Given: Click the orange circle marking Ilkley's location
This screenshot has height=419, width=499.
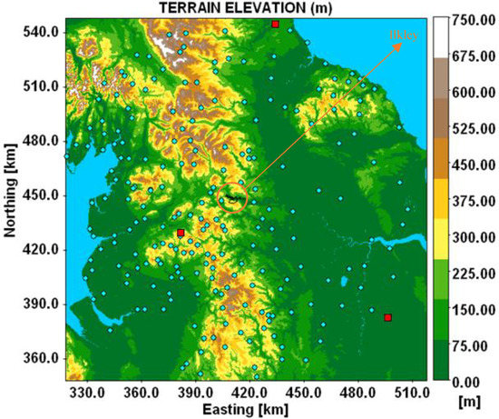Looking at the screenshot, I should (233, 197).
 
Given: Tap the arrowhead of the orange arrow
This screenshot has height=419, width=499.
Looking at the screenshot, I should (400, 44).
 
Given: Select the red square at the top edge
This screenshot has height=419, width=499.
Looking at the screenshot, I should (276, 24).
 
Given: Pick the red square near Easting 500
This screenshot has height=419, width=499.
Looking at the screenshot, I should (387, 317).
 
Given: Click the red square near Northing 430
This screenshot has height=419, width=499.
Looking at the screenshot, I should (181, 234).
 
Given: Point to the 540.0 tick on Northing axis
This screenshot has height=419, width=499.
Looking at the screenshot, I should (41, 32).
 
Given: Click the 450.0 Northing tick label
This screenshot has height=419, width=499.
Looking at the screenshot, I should (41, 195).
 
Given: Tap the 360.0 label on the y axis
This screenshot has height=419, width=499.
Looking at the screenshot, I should (41, 358).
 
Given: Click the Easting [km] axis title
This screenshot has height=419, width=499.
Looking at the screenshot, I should (240, 409).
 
